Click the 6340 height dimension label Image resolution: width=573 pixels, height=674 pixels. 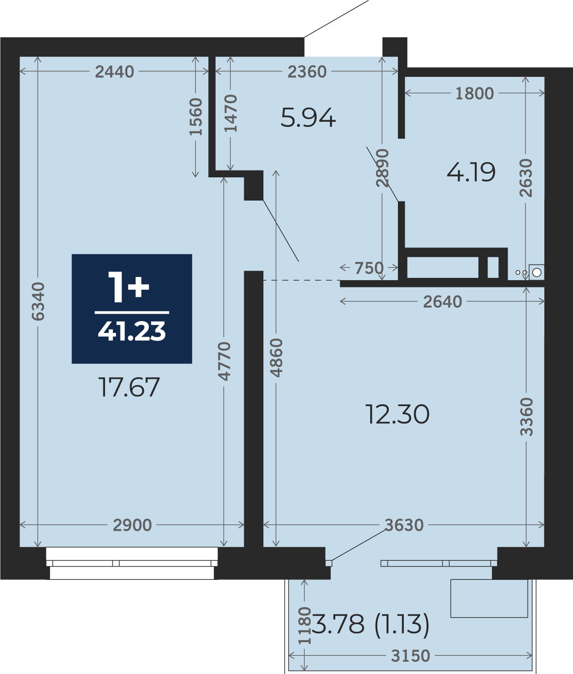[39, 302]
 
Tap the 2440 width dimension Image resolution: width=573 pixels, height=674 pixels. [115, 72]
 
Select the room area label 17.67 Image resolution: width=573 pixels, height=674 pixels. [129, 387]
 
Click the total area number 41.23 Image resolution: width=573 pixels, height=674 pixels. [132, 331]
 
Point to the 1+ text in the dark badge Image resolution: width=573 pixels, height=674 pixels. [128, 287]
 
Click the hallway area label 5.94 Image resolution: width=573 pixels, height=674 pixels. [308, 117]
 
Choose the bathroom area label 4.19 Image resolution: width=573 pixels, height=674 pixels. [471, 172]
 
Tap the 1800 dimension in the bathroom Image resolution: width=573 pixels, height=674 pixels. [474, 94]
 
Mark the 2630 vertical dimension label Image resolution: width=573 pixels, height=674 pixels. [526, 178]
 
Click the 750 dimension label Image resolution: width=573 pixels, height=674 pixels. [369, 268]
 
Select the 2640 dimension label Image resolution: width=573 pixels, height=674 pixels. [442, 302]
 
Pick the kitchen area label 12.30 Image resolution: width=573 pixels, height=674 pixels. [397, 414]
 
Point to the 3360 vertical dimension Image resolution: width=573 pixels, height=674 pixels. [526, 417]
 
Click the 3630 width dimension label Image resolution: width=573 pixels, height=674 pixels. [404, 525]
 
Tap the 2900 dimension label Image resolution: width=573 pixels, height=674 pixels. [132, 525]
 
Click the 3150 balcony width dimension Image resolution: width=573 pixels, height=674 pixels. [411, 656]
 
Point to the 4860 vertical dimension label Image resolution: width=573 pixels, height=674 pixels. [276, 358]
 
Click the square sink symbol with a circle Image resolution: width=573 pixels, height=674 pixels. [537, 272]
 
